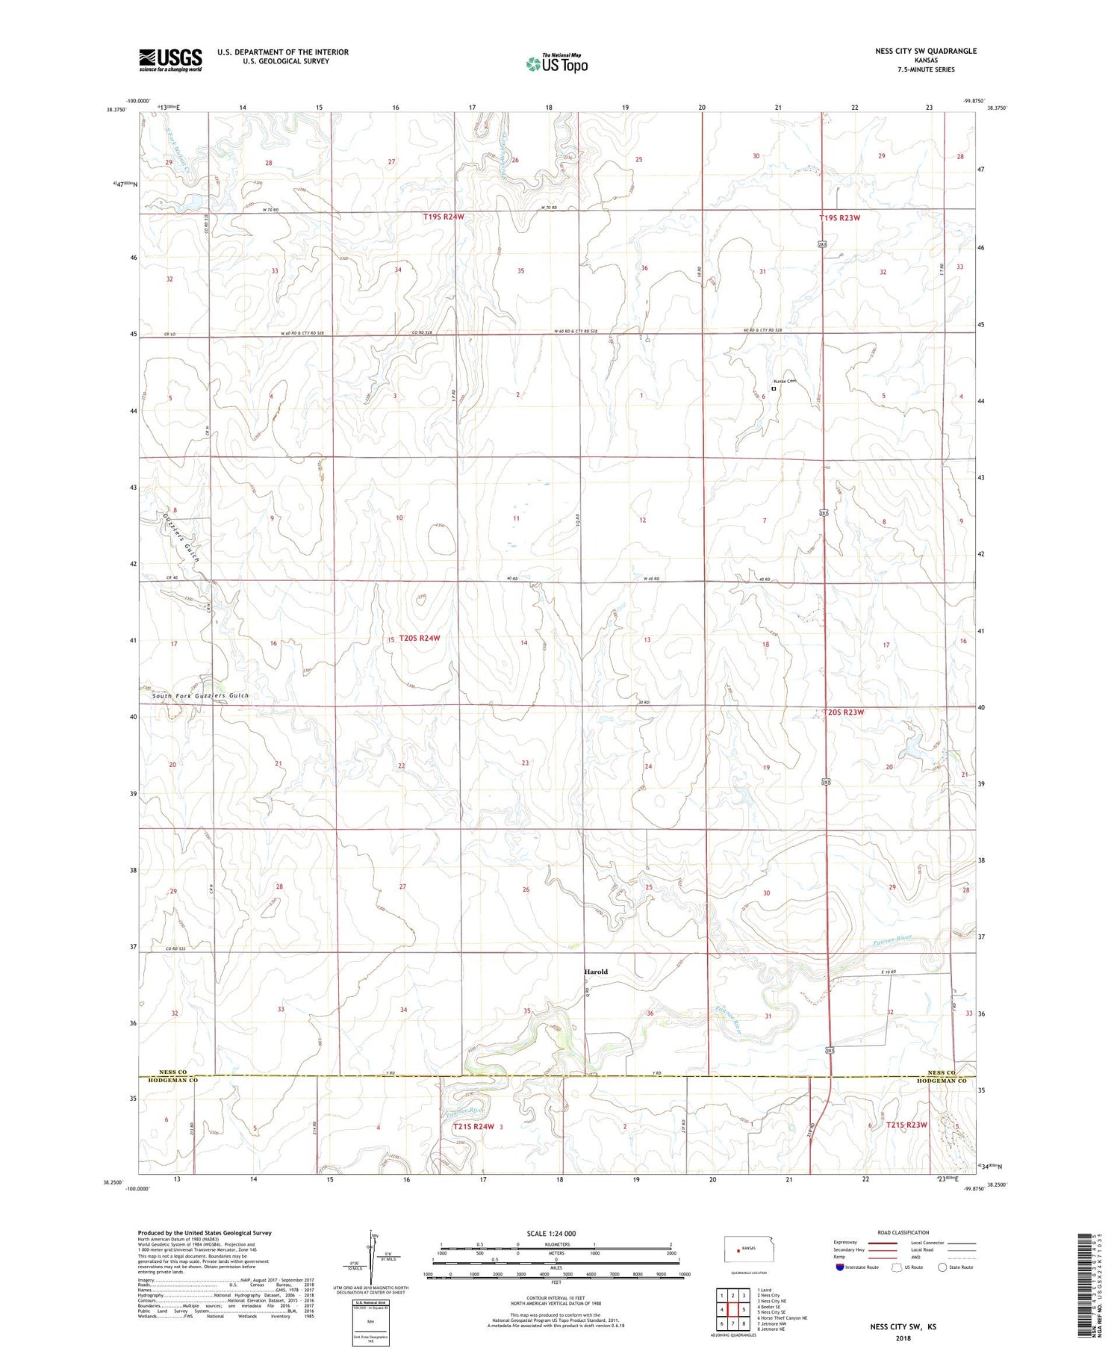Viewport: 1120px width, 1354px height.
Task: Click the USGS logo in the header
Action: (x=170, y=60)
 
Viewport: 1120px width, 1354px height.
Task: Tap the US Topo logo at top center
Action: (x=557, y=63)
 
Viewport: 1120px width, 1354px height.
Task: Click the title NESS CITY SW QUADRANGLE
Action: (x=925, y=51)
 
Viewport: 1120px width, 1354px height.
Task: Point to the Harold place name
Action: (x=595, y=972)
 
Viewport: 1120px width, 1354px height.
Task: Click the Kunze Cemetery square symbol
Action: (x=774, y=388)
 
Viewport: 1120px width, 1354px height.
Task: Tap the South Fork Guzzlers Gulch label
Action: (x=200, y=695)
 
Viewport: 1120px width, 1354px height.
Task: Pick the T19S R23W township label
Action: (x=839, y=218)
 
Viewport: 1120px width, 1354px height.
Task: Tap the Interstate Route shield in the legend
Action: (x=840, y=1267)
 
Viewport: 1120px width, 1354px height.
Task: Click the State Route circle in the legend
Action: (x=943, y=1267)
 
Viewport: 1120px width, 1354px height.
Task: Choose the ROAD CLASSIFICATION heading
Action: (x=903, y=1232)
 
